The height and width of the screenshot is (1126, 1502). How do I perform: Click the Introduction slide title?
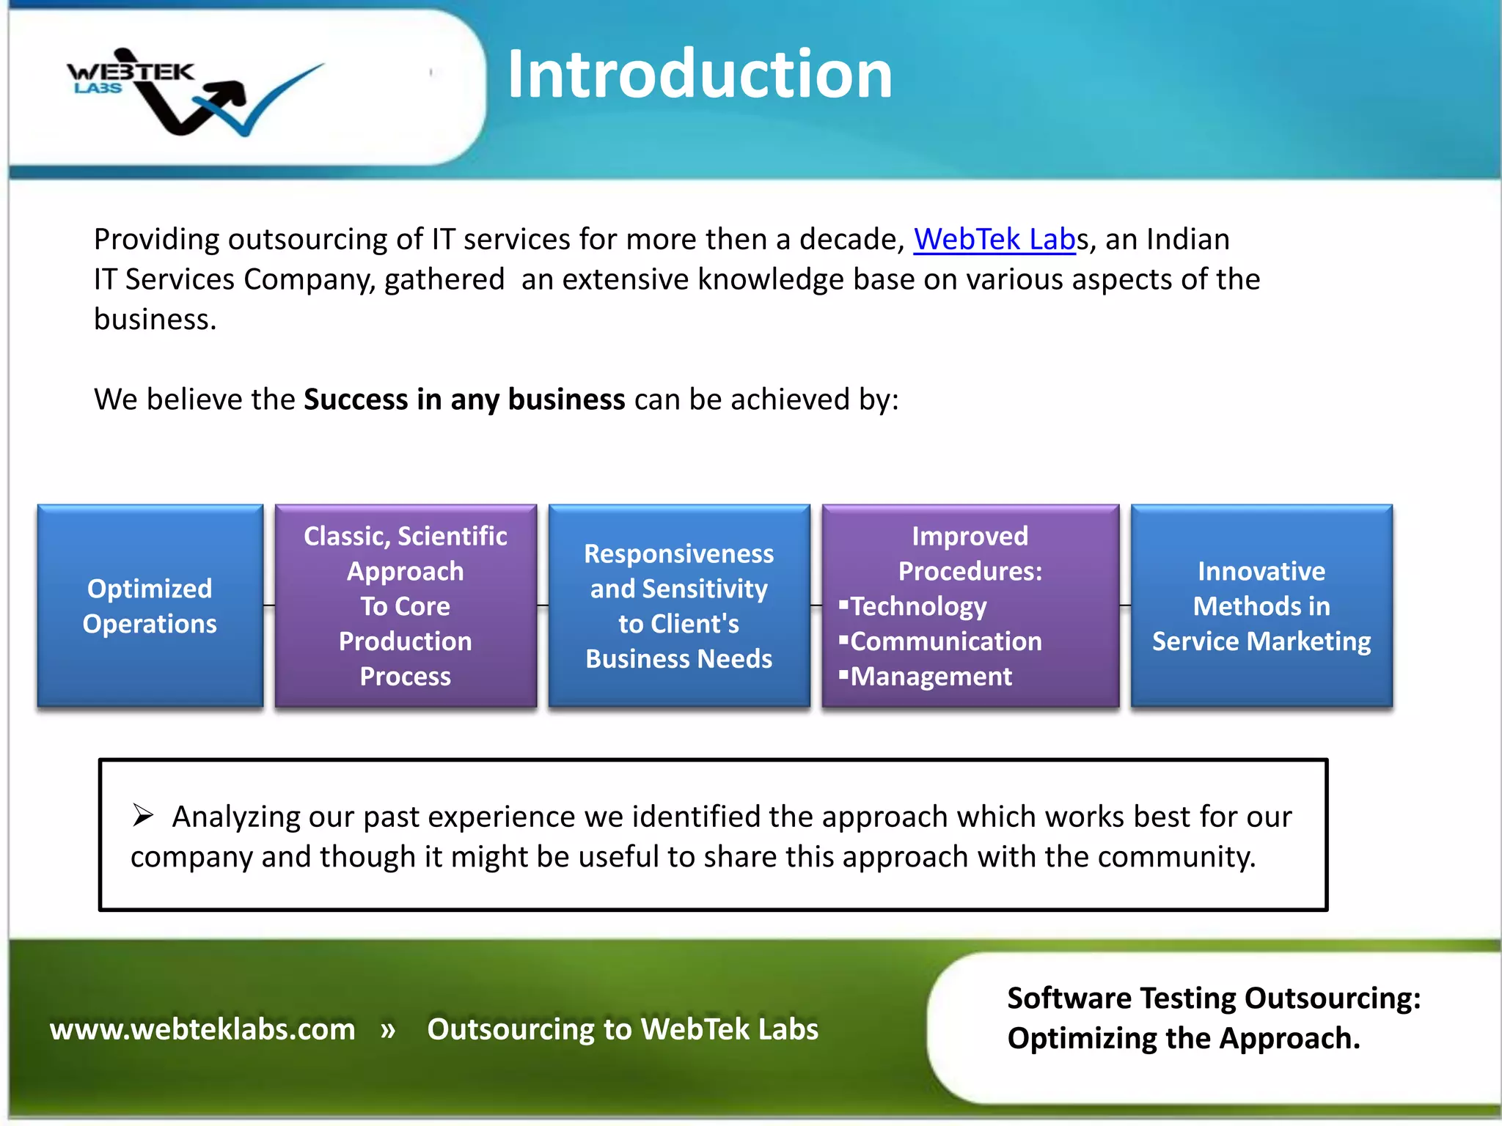click(700, 74)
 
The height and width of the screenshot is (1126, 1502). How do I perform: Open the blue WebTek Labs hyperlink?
click(994, 240)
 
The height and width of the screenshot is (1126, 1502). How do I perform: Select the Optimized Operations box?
click(150, 606)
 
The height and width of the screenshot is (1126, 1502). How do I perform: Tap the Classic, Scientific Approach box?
click(406, 606)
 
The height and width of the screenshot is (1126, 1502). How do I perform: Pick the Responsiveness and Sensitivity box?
click(679, 606)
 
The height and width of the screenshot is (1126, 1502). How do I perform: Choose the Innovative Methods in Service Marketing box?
click(1261, 606)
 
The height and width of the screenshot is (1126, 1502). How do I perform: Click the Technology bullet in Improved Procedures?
click(918, 606)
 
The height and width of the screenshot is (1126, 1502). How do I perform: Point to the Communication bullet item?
click(945, 641)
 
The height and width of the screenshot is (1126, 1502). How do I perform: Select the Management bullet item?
click(931, 677)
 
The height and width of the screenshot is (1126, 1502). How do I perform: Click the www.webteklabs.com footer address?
click(202, 1029)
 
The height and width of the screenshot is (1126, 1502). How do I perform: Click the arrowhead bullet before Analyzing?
click(143, 815)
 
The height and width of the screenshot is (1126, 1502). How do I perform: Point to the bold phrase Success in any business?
click(464, 400)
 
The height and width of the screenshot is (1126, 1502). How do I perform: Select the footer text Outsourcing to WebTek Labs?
click(623, 1029)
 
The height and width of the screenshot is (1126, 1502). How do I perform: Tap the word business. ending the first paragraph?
click(155, 320)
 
